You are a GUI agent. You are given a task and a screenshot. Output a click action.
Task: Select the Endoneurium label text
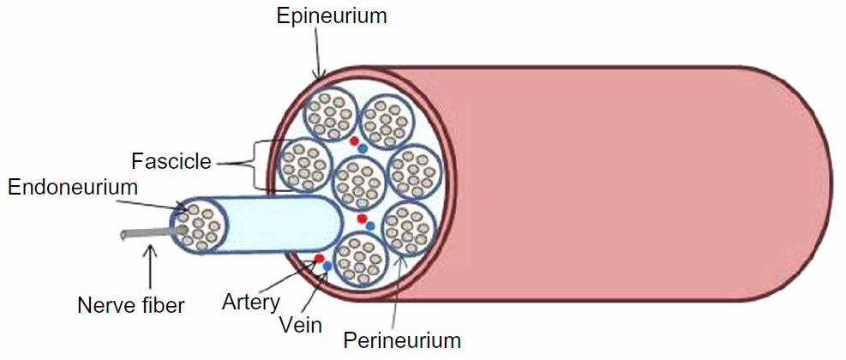click(73, 187)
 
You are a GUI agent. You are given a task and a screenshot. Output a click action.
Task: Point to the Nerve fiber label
click(131, 304)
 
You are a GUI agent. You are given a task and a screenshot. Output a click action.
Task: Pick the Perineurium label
click(402, 339)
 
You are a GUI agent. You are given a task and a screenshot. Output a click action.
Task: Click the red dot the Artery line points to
click(319, 258)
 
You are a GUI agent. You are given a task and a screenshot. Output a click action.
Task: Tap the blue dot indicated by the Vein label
click(327, 267)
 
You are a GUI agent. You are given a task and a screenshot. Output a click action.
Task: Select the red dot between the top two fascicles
click(353, 141)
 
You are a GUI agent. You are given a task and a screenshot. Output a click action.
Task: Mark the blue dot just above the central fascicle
click(363, 149)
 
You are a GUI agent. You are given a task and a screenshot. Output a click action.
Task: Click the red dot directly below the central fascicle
click(362, 219)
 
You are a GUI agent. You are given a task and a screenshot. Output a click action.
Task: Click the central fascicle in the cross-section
click(358, 182)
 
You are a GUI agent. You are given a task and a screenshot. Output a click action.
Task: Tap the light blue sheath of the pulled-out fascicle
click(274, 225)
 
